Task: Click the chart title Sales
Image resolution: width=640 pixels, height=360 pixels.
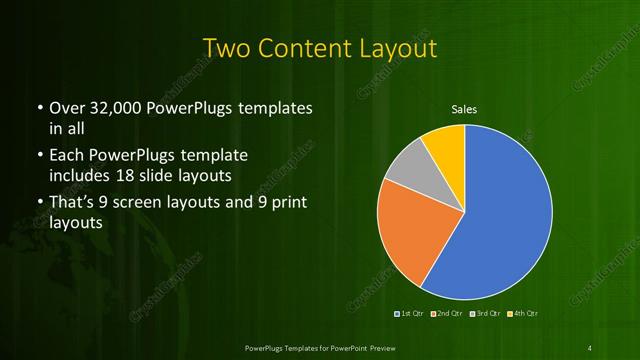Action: pos(464,109)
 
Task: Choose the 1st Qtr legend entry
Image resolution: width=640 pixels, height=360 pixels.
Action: pos(411,315)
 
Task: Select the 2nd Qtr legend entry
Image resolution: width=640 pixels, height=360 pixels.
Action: pos(447,315)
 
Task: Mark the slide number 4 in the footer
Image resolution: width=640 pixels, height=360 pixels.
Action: pos(590,347)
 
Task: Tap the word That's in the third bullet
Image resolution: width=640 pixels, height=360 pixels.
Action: pos(73,204)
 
